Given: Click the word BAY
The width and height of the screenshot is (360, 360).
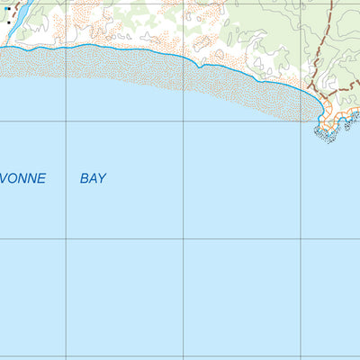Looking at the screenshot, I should pyautogui.click(x=93, y=179).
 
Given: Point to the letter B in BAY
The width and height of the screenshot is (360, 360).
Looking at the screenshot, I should pyautogui.click(x=85, y=179).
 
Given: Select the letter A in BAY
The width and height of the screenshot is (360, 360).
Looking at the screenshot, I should pyautogui.click(x=93, y=179).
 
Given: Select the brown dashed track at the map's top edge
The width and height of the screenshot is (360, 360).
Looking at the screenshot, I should pyautogui.click(x=331, y=4).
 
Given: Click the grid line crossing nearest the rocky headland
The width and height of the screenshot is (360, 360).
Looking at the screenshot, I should pyautogui.click(x=301, y=121).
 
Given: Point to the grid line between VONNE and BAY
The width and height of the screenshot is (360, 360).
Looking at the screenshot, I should pyautogui.click(x=66, y=179).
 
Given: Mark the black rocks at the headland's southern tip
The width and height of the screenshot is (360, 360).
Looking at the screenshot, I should pyautogui.click(x=325, y=135).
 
